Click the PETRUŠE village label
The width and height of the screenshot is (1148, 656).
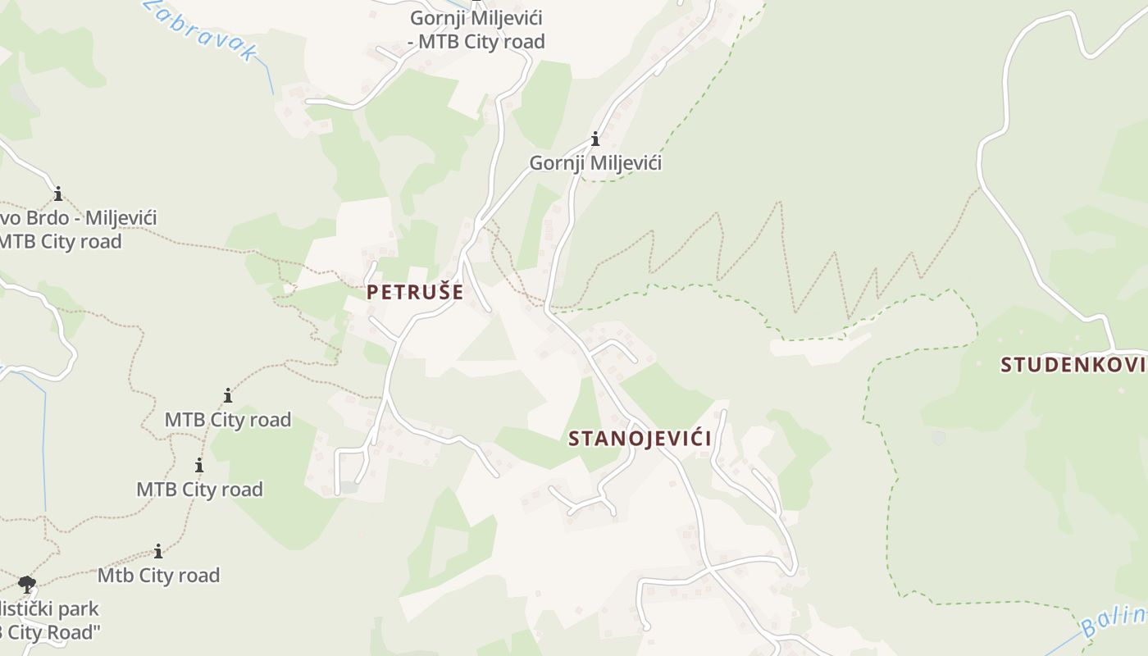coord(415,292)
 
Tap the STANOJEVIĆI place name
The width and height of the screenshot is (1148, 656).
coord(640,439)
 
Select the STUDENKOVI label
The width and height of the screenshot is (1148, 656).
coord(1073,365)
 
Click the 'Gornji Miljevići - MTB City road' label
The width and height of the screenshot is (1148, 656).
coord(476,30)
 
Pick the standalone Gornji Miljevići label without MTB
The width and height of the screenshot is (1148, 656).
coord(595,162)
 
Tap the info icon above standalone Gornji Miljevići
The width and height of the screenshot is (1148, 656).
coord(595,139)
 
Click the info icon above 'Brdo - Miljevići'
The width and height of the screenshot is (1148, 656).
coord(58,194)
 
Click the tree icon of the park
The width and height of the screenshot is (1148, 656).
coord(27,585)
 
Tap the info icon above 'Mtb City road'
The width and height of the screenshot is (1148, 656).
coord(158,551)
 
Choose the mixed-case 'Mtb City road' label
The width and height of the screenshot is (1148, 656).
coord(158,576)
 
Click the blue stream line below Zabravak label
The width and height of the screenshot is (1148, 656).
coord(270,78)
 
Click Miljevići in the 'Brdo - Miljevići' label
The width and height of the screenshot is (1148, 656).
coord(121,218)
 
